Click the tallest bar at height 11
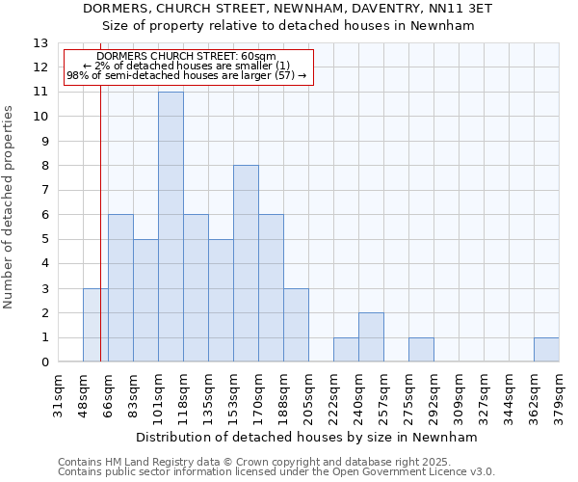pos(171,227)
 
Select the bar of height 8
pos(246,263)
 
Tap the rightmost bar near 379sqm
pos(546,350)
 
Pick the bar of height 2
pos(371,337)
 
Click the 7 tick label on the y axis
pos(43,191)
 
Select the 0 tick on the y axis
pos(43,362)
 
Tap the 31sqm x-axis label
pos(58,396)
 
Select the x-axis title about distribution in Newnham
pos(307,437)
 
